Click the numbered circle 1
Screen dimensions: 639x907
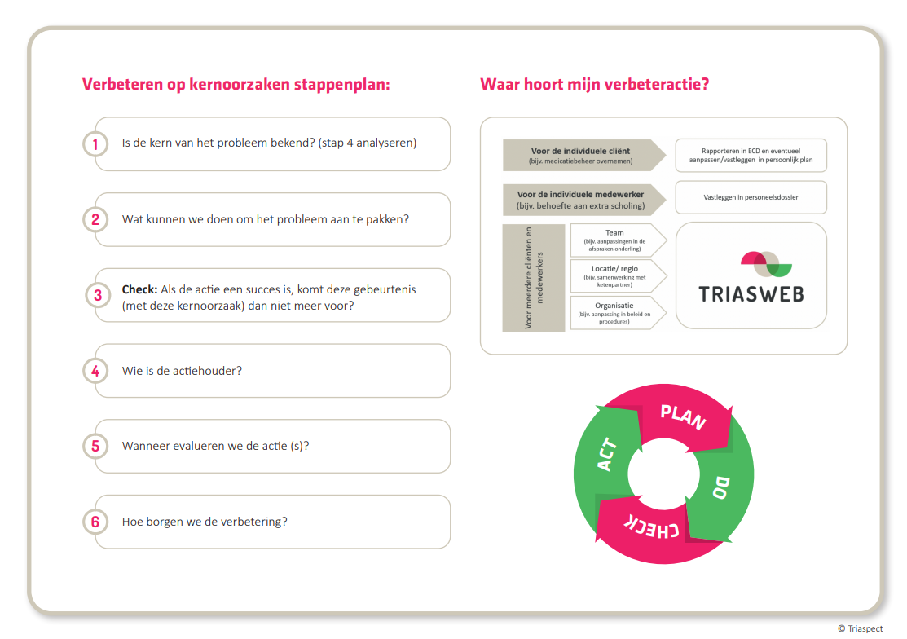[95, 144]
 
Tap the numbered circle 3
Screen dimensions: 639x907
[98, 295]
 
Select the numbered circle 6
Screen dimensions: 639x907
[95, 522]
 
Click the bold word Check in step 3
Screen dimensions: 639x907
[139, 289]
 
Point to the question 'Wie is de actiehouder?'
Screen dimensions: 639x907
[182, 371]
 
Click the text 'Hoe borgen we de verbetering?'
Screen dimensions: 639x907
[205, 522]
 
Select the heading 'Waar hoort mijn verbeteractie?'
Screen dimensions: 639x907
[594, 84]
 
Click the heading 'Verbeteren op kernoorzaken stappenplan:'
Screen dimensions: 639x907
[236, 84]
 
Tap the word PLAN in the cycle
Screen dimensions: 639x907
[683, 416]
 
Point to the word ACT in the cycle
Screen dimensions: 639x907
[606, 455]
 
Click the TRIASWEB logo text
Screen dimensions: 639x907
[751, 293]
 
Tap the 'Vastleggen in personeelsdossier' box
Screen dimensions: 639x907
[751, 197]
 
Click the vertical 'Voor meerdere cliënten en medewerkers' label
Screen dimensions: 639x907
[534, 278]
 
